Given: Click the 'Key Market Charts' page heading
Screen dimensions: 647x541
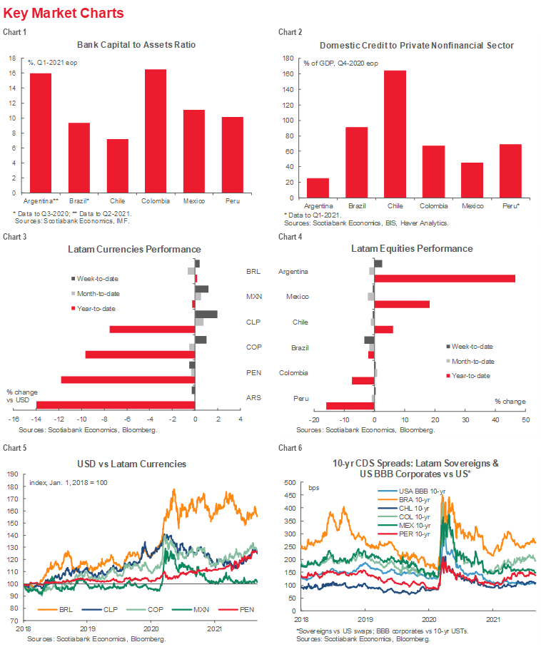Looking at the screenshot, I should tap(64, 14).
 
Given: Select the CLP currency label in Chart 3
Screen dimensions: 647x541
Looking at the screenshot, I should tap(253, 322).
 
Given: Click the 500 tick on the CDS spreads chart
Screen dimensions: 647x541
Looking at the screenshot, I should tap(291, 483).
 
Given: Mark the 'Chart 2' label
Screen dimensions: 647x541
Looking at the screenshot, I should tap(290, 32).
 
